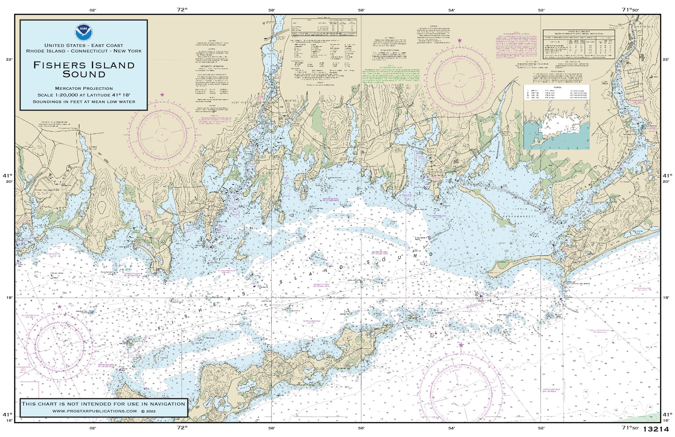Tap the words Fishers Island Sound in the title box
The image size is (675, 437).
click(84, 70)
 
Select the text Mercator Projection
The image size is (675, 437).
click(84, 88)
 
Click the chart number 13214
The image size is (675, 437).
click(656, 429)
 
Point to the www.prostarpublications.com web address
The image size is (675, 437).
click(94, 411)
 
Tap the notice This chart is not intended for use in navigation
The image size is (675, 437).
click(103, 404)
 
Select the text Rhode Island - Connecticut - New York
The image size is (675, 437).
click(84, 51)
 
